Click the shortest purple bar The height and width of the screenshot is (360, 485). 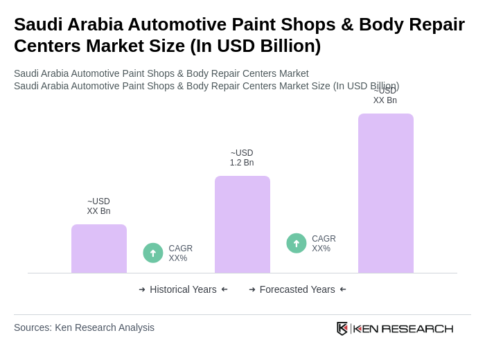[x=99, y=249]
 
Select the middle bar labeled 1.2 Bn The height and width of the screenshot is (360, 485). [x=242, y=224]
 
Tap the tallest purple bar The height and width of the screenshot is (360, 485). [x=386, y=193]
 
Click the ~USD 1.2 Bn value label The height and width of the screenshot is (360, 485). [x=242, y=158]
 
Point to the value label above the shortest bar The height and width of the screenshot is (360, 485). [x=98, y=206]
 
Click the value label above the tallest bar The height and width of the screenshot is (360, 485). [x=385, y=96]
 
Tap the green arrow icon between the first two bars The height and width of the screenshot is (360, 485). [x=153, y=253]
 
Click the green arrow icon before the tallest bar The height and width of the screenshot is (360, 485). [x=297, y=243]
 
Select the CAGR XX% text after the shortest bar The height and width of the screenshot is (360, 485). [x=180, y=253]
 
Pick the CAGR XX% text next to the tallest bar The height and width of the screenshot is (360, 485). [x=324, y=244]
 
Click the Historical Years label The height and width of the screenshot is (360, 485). [x=183, y=289]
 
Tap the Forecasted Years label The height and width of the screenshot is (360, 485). [x=297, y=289]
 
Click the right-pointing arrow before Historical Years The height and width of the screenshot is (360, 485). [x=142, y=289]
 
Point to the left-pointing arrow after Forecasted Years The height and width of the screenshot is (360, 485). [x=343, y=289]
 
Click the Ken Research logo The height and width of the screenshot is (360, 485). [x=395, y=328]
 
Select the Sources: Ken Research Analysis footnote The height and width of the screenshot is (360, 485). [x=84, y=327]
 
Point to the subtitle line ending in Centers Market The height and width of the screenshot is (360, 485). [x=161, y=73]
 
